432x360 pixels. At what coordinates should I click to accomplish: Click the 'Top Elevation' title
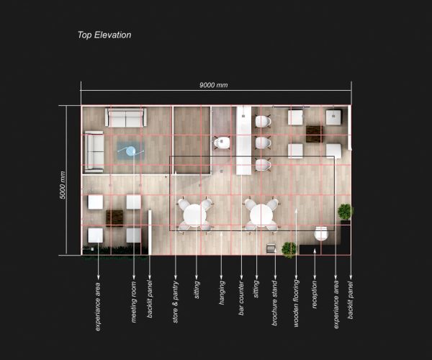coord(104,35)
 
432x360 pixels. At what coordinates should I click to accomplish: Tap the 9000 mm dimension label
coord(214,85)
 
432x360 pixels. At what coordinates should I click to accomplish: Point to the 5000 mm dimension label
coord(63,185)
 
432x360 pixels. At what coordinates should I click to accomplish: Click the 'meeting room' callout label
coord(134,302)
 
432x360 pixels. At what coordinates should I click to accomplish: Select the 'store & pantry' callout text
coord(176,302)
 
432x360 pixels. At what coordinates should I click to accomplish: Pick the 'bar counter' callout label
coord(241,298)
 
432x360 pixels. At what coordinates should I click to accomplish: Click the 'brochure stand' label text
coord(274,303)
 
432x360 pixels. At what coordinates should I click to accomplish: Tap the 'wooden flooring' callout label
coord(296,303)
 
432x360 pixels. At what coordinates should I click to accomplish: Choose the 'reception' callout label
coord(315,294)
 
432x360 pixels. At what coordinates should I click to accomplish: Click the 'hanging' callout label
coord(222,292)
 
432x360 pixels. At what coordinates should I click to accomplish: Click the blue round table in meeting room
coord(130,151)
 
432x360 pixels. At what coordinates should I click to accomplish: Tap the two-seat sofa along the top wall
coord(125,117)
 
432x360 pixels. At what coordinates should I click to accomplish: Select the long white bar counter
coord(244,140)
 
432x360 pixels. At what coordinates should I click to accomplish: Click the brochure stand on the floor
coord(271,248)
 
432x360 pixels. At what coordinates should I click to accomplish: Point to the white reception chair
coord(321,233)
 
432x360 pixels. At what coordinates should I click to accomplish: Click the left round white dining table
coord(195,215)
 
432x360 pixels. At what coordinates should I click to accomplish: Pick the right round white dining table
coord(261,215)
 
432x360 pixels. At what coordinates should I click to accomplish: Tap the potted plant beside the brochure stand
coord(289,249)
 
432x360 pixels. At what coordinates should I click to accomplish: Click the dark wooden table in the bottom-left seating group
coord(114,218)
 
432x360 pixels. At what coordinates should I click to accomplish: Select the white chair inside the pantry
coord(222,143)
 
